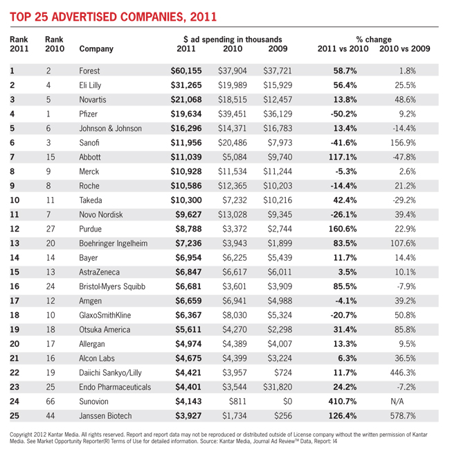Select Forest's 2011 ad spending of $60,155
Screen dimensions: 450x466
pyautogui.click(x=186, y=71)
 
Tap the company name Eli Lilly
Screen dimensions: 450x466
pyautogui.click(x=90, y=85)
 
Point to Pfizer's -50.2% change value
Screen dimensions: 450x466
pyautogui.click(x=343, y=114)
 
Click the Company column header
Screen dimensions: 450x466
pyautogui.click(x=96, y=49)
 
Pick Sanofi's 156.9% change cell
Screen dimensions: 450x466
pyautogui.click(x=403, y=143)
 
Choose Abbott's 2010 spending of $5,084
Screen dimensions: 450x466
pyautogui.click(x=234, y=157)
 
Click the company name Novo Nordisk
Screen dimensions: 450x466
pyautogui.click(x=101, y=214)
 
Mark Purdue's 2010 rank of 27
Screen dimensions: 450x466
pyautogui.click(x=51, y=229)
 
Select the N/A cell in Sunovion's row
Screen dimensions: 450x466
pyautogui.click(x=397, y=402)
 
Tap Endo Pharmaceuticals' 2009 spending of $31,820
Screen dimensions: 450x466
pyautogui.click(x=278, y=387)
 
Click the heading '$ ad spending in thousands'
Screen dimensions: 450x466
pyautogui.click(x=233, y=40)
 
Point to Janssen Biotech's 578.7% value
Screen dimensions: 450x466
pyautogui.click(x=403, y=416)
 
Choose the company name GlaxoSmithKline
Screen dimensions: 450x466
pyautogui.click(x=105, y=315)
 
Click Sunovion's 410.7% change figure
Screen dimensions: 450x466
pyautogui.click(x=342, y=402)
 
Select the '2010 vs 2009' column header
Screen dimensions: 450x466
pyautogui.click(x=404, y=49)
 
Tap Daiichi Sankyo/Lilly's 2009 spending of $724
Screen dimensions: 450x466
pyautogui.click(x=283, y=372)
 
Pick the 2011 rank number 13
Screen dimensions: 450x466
pyautogui.click(x=15, y=243)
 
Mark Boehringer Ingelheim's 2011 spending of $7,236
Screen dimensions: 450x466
pyautogui.click(x=188, y=243)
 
